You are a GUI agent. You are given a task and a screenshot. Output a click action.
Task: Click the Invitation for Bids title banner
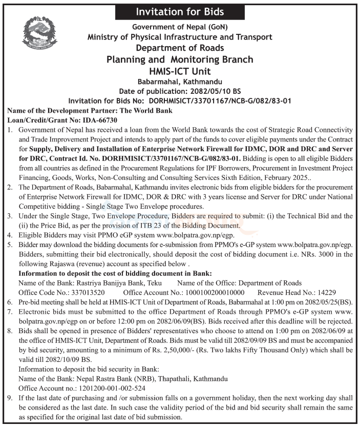point(179,11)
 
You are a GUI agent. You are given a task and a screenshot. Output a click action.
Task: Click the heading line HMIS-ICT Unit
point(179,71)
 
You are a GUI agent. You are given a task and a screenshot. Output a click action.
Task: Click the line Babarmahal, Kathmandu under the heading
point(179,82)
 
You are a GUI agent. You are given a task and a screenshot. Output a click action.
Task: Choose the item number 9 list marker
point(10,398)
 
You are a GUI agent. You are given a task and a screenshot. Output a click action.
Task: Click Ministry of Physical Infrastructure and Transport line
point(179,37)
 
